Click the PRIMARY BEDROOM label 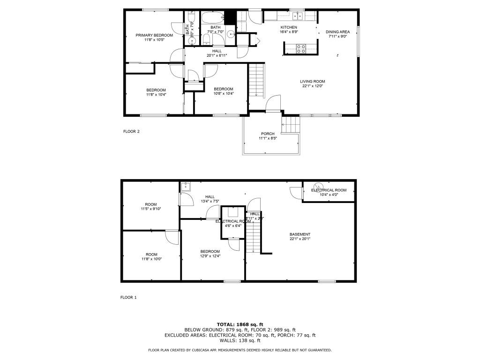[x=154, y=35]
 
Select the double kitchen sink [x=297, y=16]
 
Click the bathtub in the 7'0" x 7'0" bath [x=214, y=19]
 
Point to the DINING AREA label [x=338, y=32]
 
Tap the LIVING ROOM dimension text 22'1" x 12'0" [x=313, y=86]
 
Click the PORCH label [x=268, y=134]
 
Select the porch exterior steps [x=291, y=125]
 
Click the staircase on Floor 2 [x=256, y=80]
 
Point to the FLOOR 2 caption [x=131, y=132]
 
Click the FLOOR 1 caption [x=128, y=297]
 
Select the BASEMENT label [x=300, y=234]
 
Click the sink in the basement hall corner [x=185, y=186]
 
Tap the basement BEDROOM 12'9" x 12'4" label [x=210, y=251]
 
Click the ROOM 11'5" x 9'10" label [x=150, y=204]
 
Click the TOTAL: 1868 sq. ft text [x=240, y=324]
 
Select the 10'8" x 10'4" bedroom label [x=224, y=89]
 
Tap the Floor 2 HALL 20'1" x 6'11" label [x=217, y=51]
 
